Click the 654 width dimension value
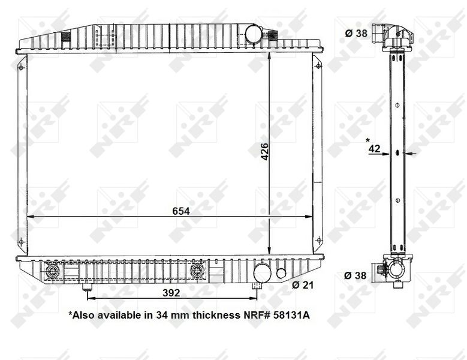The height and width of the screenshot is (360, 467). click(x=180, y=211)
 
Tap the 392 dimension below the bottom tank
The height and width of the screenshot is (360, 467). click(x=171, y=293)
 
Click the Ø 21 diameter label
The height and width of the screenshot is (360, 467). click(x=304, y=285)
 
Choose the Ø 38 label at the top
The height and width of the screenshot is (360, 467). click(x=356, y=33)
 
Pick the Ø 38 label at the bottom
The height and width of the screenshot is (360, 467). click(x=356, y=275)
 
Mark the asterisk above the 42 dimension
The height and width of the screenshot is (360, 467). click(x=367, y=141)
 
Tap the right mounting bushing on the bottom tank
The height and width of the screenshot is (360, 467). click(x=197, y=272)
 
